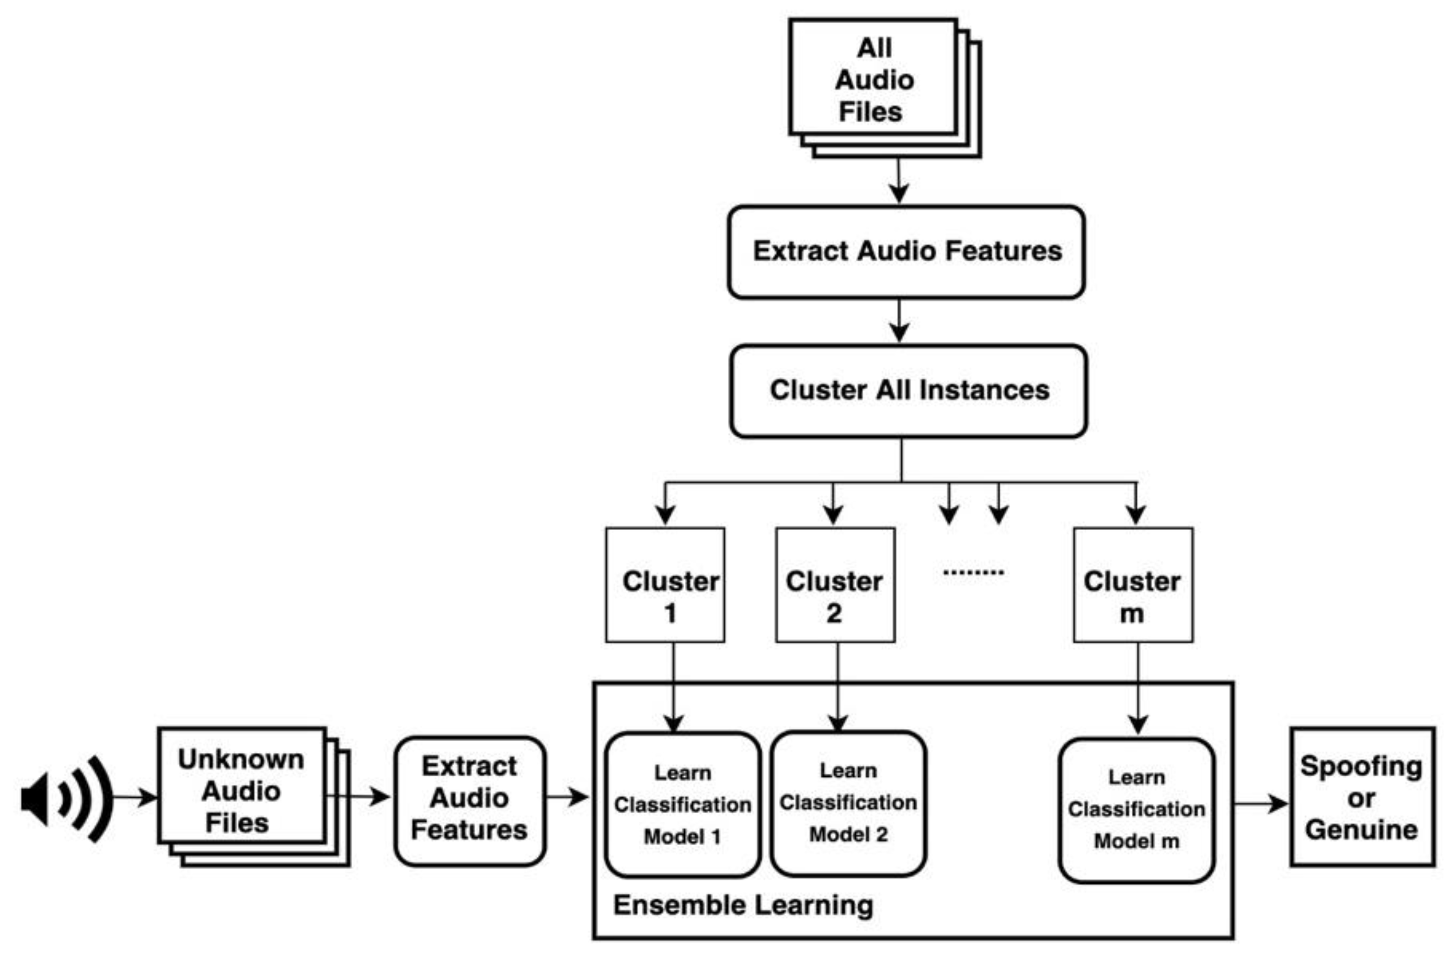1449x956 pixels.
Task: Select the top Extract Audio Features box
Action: click(x=906, y=252)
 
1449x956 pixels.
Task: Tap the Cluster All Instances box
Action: click(x=908, y=391)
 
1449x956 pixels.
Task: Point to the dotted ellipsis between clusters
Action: click(x=973, y=572)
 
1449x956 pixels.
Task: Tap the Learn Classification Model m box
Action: click(x=1136, y=810)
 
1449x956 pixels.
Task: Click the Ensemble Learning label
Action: click(x=743, y=905)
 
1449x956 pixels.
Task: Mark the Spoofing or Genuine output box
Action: click(x=1362, y=797)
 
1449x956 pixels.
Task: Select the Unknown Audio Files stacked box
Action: click(x=242, y=791)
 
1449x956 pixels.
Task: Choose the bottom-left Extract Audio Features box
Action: click(x=470, y=799)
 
